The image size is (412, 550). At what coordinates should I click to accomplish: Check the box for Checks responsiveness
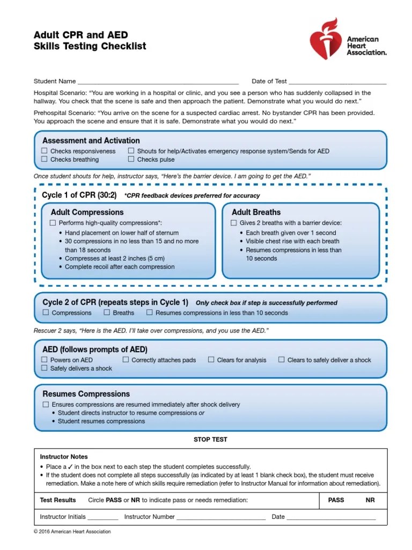click(x=45, y=151)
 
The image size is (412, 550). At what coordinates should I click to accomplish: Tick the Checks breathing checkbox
click(x=45, y=160)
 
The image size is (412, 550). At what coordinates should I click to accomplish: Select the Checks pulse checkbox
click(x=131, y=160)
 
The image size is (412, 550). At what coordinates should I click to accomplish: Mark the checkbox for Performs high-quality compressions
click(x=53, y=223)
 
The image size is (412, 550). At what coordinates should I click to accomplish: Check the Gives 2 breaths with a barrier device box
click(x=233, y=223)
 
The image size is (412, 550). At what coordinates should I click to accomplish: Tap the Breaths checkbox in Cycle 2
click(x=107, y=313)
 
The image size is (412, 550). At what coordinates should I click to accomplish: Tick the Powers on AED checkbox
click(x=45, y=360)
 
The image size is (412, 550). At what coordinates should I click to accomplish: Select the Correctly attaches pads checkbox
click(x=126, y=360)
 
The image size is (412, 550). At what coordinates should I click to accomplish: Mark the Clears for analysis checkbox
click(x=211, y=360)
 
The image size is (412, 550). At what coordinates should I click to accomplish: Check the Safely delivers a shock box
click(x=45, y=368)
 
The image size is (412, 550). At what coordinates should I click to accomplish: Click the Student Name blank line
click(x=158, y=82)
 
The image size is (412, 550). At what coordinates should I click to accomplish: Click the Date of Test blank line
click(x=337, y=82)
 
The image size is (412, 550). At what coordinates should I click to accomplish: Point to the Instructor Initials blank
click(x=102, y=517)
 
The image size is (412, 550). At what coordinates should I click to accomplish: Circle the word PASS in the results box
click(x=336, y=500)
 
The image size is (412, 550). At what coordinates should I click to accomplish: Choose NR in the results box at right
click(x=370, y=500)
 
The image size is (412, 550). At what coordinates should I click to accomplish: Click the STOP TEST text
click(x=210, y=439)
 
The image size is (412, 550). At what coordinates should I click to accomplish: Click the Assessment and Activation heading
click(x=91, y=141)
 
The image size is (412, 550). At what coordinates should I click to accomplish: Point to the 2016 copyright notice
click(x=72, y=532)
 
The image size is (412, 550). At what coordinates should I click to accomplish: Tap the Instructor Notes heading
click(x=64, y=457)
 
